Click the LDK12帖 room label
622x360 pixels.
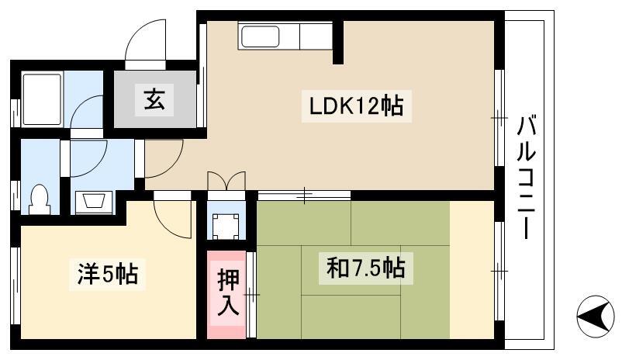[x=356, y=106]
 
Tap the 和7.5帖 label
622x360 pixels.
[x=365, y=268]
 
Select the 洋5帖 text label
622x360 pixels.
[x=108, y=274]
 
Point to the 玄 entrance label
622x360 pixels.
[x=154, y=99]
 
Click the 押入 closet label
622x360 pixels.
[x=228, y=292]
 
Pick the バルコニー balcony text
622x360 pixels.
[x=526, y=178]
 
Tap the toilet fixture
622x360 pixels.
[x=40, y=199]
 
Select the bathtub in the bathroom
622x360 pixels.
[x=42, y=99]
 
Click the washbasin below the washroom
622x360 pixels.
[x=94, y=201]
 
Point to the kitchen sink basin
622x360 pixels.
[x=261, y=36]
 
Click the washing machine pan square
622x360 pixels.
[x=226, y=227]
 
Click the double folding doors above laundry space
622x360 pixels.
[x=226, y=181]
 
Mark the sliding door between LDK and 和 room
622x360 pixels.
[x=304, y=196]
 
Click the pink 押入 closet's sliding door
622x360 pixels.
[x=251, y=295]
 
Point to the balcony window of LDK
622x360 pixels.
[x=499, y=118]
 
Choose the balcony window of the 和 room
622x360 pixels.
[x=499, y=271]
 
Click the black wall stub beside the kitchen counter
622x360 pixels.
[x=338, y=42]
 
